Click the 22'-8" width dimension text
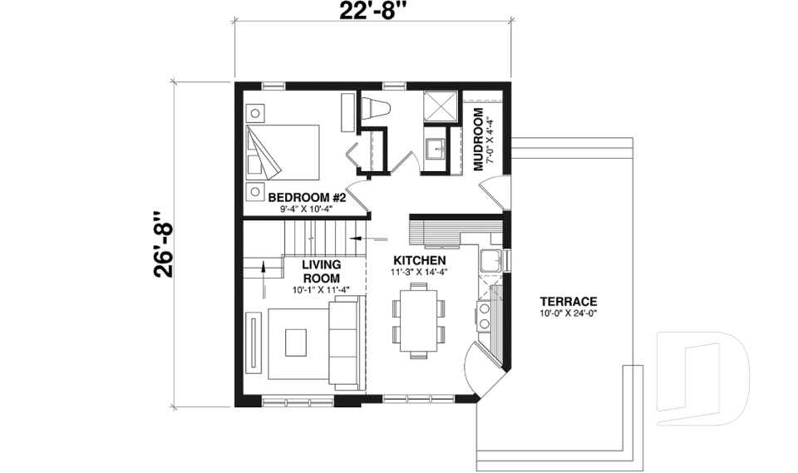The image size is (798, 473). tap(372, 12)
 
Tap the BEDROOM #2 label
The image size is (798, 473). tap(300, 197)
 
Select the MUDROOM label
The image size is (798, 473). tap(479, 139)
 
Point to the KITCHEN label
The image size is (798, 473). tap(419, 260)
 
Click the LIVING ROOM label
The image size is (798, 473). tap(320, 271)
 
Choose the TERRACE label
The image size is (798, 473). tap(568, 301)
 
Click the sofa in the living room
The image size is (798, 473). tap(347, 344)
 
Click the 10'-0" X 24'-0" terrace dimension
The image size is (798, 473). tap(568, 313)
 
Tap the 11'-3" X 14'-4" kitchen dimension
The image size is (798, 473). tap(419, 272)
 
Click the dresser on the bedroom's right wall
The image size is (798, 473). tap(347, 111)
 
